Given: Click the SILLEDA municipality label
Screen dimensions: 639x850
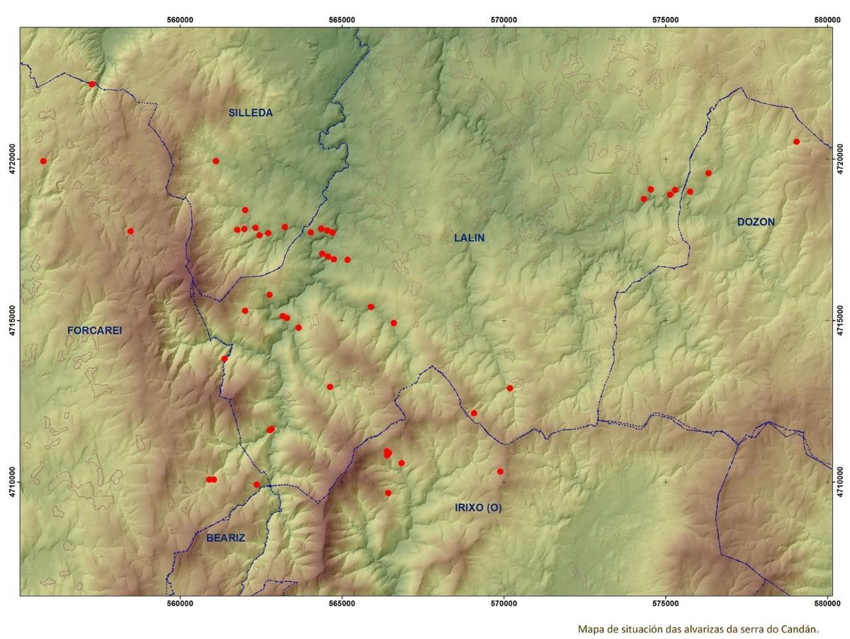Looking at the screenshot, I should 250,113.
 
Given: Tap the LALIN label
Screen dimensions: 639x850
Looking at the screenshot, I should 469,238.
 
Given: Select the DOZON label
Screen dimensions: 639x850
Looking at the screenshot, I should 756,222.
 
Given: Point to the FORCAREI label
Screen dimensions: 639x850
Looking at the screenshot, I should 95,330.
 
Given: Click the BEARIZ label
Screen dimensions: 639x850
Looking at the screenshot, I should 225,538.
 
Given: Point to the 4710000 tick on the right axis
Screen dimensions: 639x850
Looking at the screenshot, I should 840,482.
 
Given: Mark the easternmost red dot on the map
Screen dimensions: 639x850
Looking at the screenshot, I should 796,142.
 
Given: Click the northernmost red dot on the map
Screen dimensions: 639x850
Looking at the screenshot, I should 91,84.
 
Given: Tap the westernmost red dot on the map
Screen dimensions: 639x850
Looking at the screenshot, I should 43,161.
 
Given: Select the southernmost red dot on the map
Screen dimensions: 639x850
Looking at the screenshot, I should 388,492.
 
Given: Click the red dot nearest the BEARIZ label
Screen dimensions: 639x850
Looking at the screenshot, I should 256,485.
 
